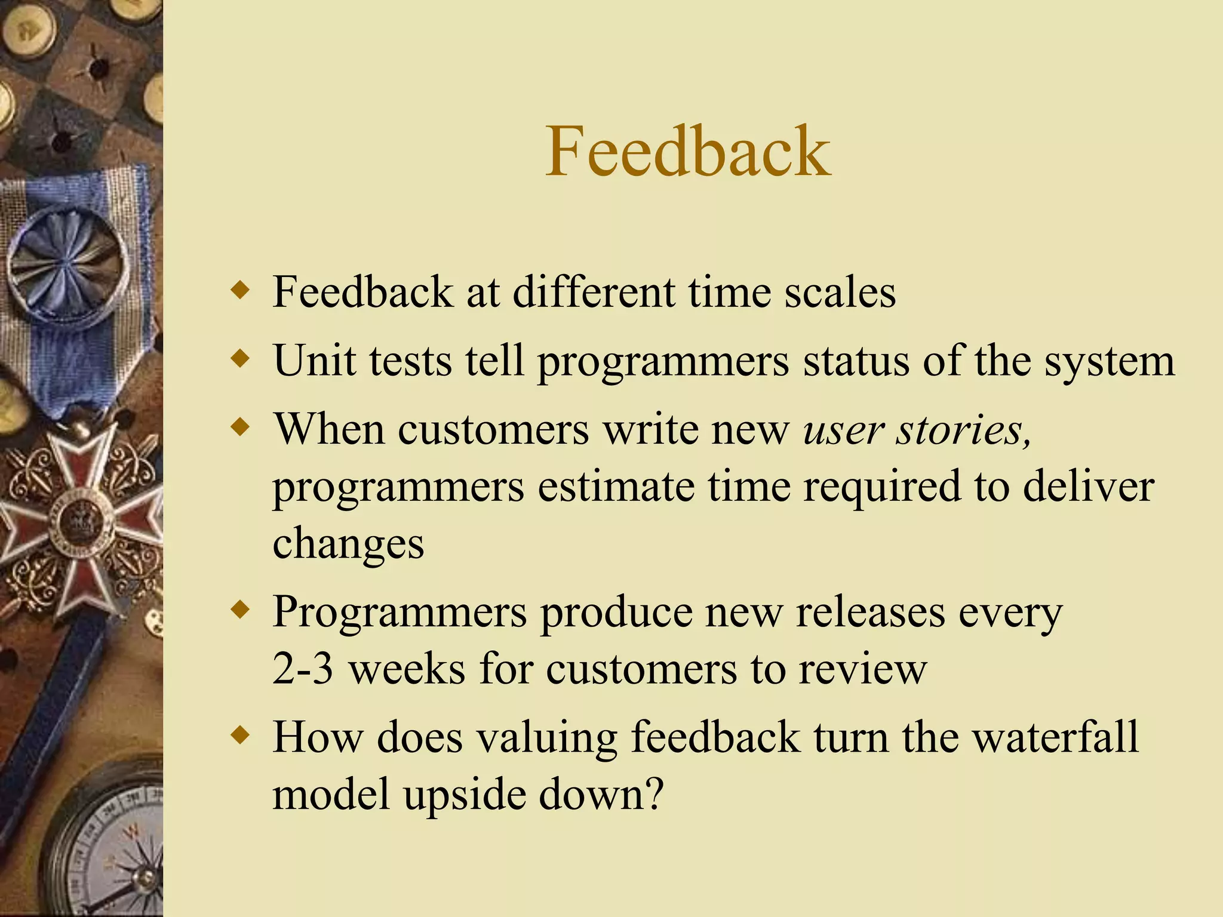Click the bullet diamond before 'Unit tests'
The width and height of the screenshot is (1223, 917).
(240, 359)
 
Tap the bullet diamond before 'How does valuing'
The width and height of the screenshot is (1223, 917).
(240, 736)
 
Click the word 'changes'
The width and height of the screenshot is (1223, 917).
(348, 543)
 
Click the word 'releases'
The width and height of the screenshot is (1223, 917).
(870, 612)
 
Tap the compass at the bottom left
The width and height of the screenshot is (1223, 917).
(113, 848)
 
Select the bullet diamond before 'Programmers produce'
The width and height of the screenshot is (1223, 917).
(240, 611)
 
